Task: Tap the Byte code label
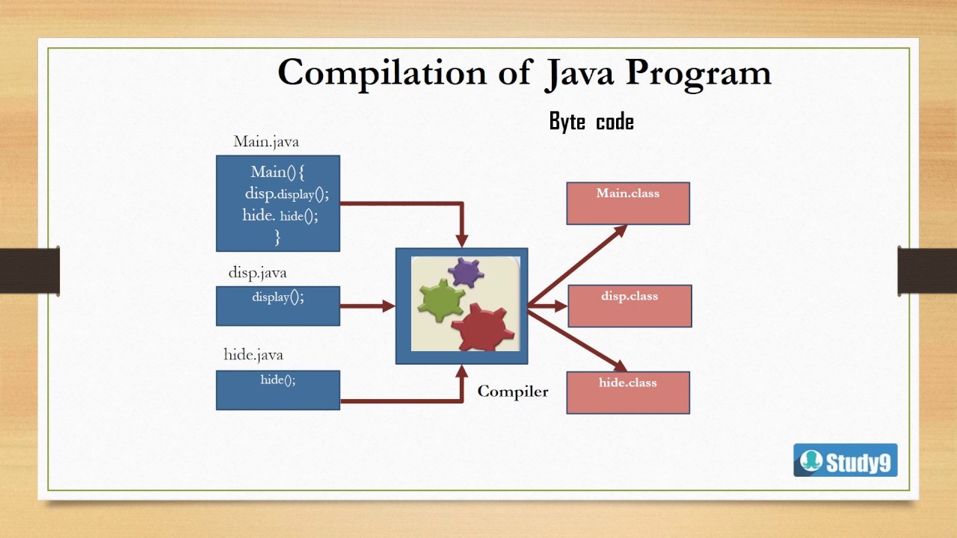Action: point(591,122)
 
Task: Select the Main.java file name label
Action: point(266,141)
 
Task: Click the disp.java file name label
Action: point(257,273)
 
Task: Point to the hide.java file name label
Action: point(253,354)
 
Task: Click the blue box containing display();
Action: point(278,306)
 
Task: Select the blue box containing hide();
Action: point(278,390)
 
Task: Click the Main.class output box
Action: point(628,203)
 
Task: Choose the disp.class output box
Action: point(630,306)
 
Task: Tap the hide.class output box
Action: point(628,392)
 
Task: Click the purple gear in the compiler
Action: point(467,273)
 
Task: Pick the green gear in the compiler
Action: point(441,300)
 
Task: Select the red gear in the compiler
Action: point(483,327)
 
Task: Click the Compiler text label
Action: point(513,392)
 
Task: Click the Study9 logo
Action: point(845,460)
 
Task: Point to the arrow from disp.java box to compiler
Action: point(366,306)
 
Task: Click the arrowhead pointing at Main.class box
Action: point(619,230)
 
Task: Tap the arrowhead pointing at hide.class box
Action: point(619,365)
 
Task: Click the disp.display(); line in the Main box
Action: point(286,194)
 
